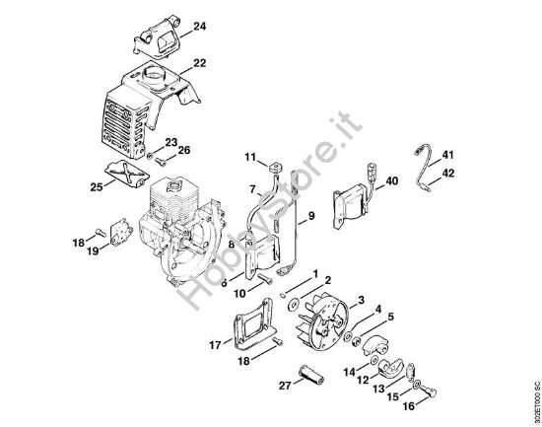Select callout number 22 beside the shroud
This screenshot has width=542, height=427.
[200, 63]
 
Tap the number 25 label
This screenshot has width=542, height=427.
[97, 185]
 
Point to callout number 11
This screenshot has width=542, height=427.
[249, 156]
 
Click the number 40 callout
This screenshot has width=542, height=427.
[391, 180]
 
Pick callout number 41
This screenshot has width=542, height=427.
[448, 156]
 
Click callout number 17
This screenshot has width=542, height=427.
[214, 344]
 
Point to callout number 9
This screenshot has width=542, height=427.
[311, 215]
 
